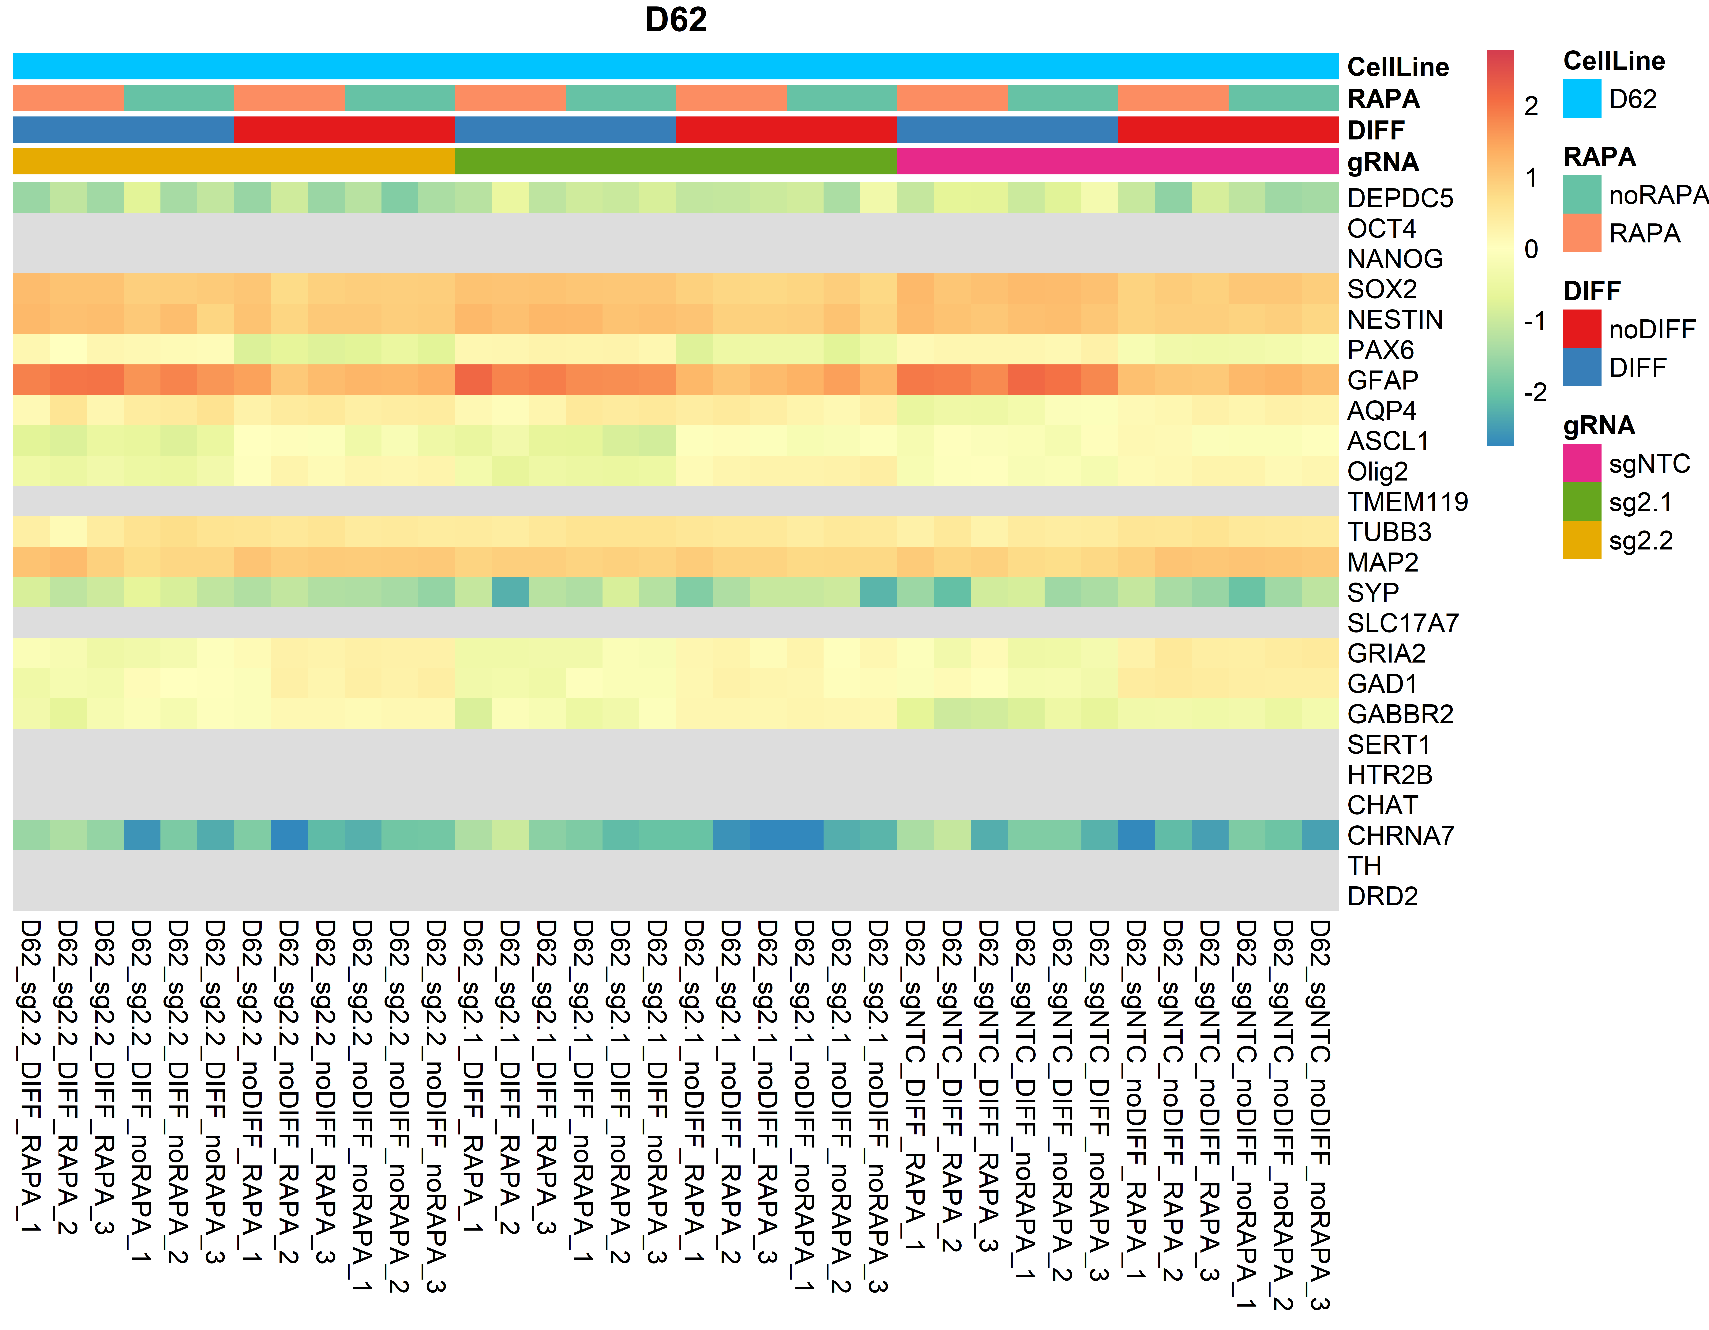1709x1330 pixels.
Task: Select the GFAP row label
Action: [1382, 380]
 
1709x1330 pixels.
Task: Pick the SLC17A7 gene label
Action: [1402, 623]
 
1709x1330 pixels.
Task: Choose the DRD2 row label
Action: [1382, 896]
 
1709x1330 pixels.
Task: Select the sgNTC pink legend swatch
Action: [1581, 463]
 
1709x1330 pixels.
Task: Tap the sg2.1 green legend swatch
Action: [1581, 502]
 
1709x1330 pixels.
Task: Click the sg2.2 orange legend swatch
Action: [1581, 540]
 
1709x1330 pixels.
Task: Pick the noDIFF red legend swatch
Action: [1581, 329]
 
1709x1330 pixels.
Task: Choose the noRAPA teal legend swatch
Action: [1581, 194]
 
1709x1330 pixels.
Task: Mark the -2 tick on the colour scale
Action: [1534, 392]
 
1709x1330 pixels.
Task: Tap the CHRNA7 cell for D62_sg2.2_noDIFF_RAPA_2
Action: [289, 835]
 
